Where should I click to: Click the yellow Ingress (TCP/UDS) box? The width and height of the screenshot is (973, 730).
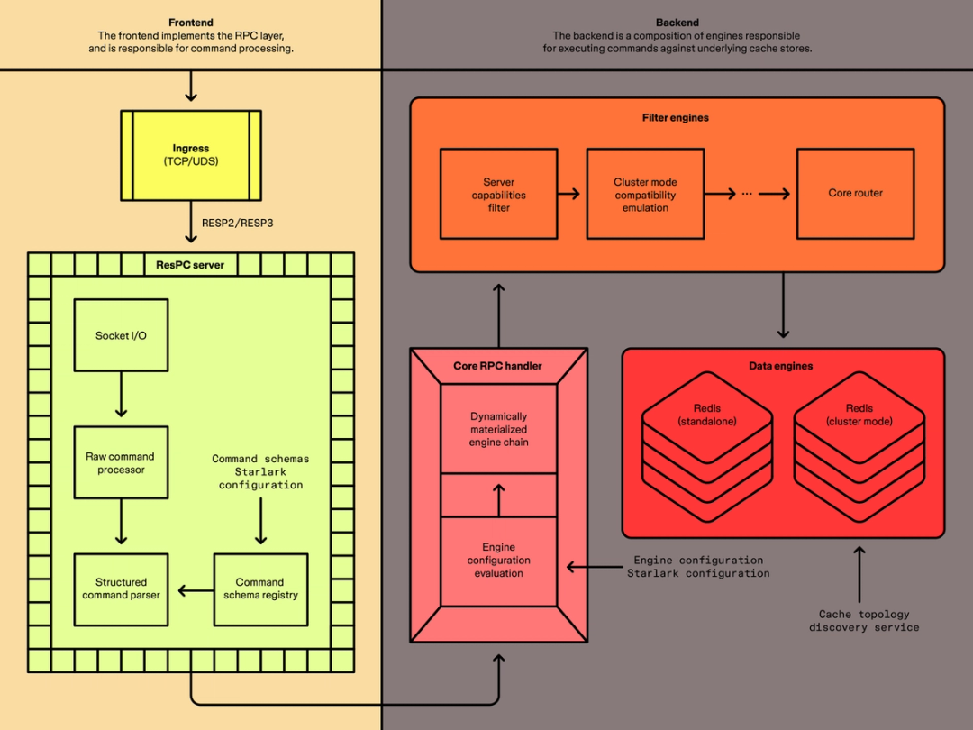(191, 155)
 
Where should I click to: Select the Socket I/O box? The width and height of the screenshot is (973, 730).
(121, 335)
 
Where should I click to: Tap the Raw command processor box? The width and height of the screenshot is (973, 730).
(121, 462)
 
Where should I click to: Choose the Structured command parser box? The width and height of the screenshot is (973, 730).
(121, 589)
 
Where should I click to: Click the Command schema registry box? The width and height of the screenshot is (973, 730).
(260, 589)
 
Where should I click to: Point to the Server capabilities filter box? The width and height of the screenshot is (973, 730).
(498, 194)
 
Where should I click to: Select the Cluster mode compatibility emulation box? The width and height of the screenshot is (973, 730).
(645, 194)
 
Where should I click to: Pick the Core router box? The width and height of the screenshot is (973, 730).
(855, 194)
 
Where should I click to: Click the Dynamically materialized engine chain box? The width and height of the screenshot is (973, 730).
(498, 429)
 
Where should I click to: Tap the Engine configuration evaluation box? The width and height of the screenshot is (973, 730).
(498, 561)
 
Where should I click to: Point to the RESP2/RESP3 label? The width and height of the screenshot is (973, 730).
(238, 223)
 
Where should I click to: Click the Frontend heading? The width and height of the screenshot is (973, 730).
(191, 23)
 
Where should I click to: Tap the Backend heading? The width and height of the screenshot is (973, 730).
(677, 23)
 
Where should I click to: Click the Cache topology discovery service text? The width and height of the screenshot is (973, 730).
(863, 621)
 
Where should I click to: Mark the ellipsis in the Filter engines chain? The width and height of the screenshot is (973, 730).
(747, 194)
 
